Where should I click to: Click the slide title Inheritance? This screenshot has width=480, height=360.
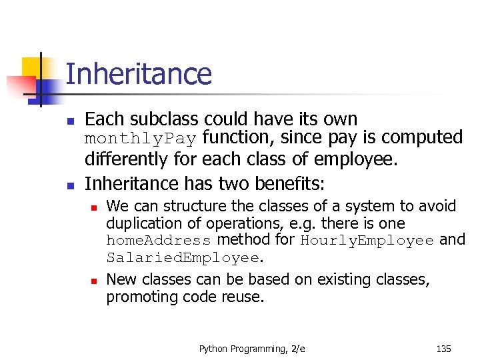(x=139, y=74)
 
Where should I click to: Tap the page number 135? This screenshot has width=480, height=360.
(x=443, y=348)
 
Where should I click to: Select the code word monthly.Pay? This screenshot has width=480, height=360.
(x=140, y=139)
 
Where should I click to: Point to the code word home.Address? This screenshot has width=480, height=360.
(x=158, y=241)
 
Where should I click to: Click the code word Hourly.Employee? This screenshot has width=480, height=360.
(x=367, y=241)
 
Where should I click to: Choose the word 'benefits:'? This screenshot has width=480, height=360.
(x=293, y=183)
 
